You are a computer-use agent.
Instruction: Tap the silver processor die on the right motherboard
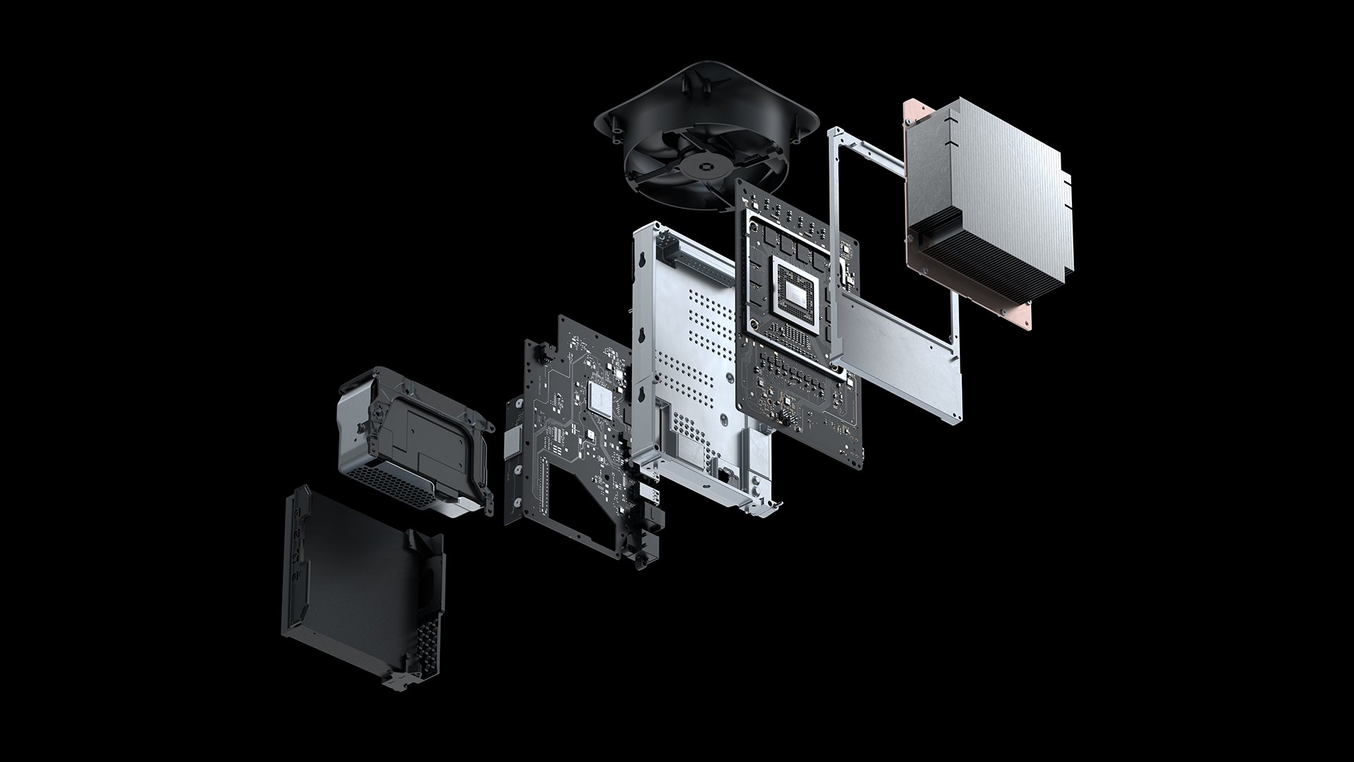pyautogui.click(x=795, y=291)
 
